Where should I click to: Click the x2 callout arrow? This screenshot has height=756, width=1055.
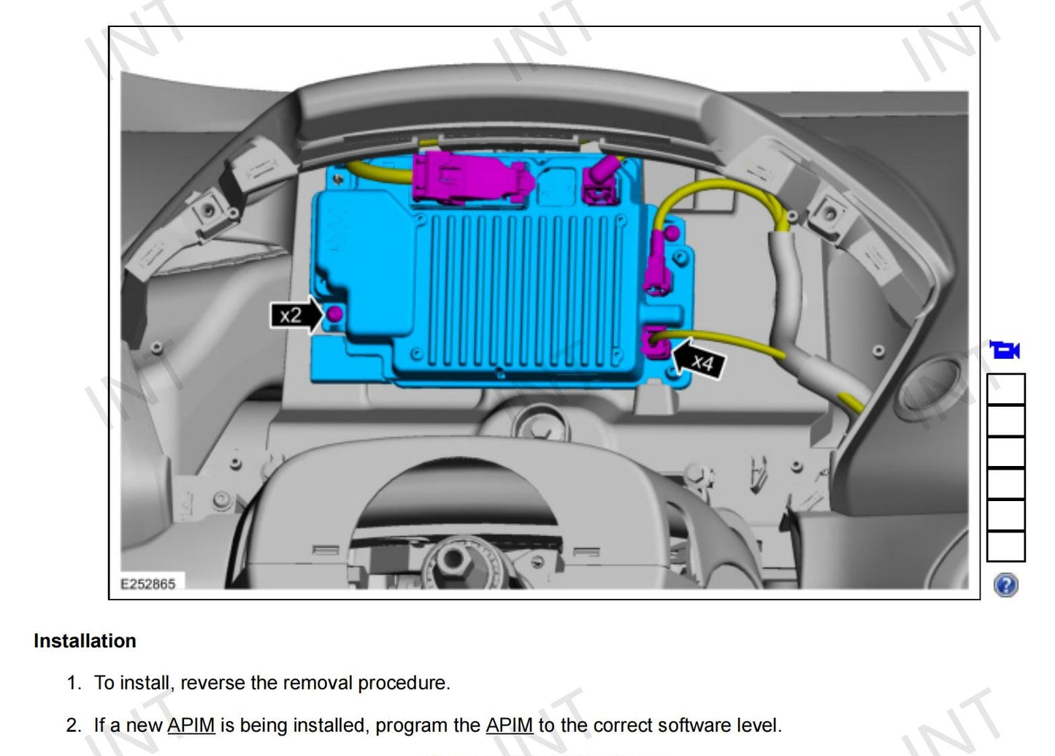296,315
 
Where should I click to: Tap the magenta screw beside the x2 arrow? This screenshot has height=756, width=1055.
334,313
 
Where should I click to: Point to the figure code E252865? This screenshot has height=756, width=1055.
148,584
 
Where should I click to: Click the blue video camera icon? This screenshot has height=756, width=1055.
1005,350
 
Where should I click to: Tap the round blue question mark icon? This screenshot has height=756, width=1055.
1006,585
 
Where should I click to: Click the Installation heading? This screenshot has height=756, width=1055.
85,641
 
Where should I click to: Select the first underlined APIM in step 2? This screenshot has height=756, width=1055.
191,725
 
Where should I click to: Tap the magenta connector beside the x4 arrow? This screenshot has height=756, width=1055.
656,342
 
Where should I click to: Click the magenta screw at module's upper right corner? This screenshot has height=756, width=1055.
672,233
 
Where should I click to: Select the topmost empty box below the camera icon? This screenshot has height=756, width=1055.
1006,389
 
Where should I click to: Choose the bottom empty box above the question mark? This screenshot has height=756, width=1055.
1006,547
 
